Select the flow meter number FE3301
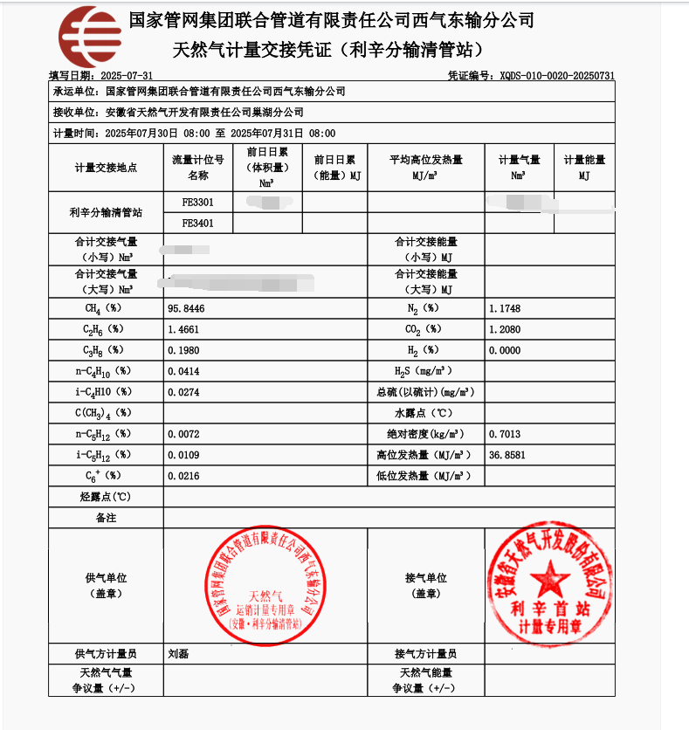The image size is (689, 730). tap(197, 202)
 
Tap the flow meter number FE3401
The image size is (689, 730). tap(197, 224)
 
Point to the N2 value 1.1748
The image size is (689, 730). tap(505, 309)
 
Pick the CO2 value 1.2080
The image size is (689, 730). tap(505, 330)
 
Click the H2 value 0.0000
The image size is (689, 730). tap(505, 350)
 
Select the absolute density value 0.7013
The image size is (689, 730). tap(505, 434)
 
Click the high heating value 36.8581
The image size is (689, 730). tap(507, 455)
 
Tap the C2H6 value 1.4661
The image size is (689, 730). tap(183, 330)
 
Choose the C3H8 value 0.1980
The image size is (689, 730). tap(183, 350)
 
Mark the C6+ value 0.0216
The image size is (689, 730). tap(183, 476)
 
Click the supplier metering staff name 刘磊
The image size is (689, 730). tap(178, 653)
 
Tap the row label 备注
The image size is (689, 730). tap(106, 518)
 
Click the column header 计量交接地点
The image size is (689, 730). tap(106, 167)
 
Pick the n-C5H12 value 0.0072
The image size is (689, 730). tap(183, 434)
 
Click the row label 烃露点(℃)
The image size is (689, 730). tap(106, 497)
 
